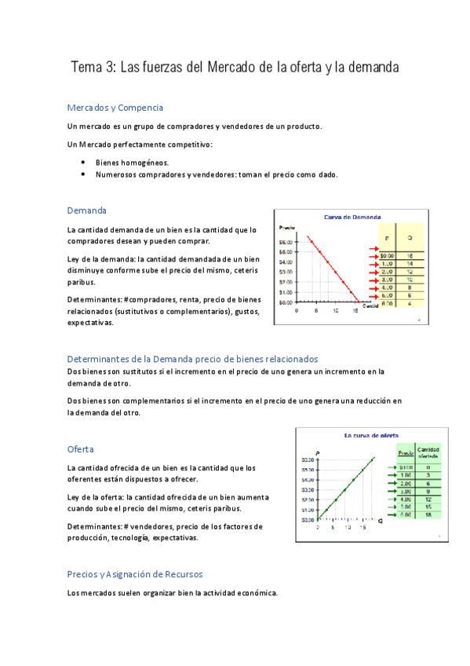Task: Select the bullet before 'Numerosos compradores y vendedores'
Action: click(x=83, y=175)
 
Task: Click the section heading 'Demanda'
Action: click(x=86, y=210)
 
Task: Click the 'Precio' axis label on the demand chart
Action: click(x=287, y=228)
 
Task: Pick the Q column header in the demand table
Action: click(x=410, y=236)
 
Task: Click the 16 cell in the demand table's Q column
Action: click(x=410, y=255)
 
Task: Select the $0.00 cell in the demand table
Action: click(x=387, y=255)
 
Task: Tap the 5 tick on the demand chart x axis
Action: click(x=316, y=310)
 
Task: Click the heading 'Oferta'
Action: click(x=81, y=449)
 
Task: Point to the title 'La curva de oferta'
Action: click(x=371, y=434)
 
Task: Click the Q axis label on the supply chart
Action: click(x=380, y=520)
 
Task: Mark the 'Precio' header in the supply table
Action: click(x=405, y=453)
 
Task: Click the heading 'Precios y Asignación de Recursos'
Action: click(x=135, y=574)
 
